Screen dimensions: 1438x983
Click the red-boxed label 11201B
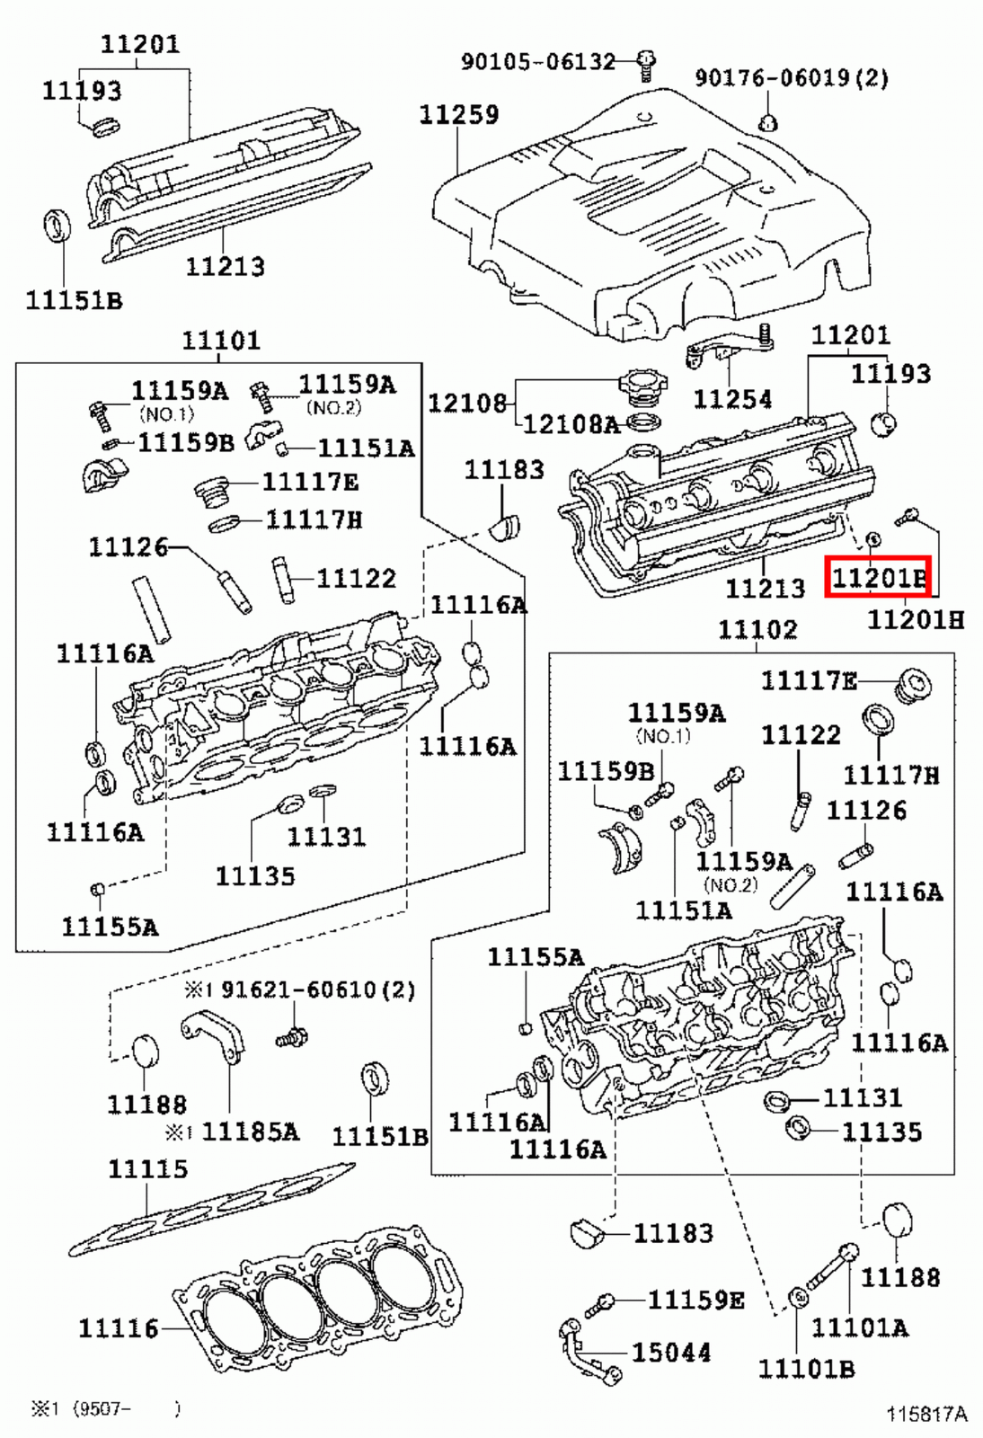(x=878, y=576)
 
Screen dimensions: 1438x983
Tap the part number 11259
(x=458, y=114)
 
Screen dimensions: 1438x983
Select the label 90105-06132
(x=537, y=61)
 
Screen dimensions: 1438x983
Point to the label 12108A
(x=571, y=423)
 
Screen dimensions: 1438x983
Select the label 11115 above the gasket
(x=147, y=1169)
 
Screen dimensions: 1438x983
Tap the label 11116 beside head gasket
(x=118, y=1327)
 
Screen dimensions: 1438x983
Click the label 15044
(x=670, y=1353)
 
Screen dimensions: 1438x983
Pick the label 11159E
(x=695, y=1300)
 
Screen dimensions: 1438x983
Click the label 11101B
(x=805, y=1369)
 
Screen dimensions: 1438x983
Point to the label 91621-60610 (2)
(x=317, y=990)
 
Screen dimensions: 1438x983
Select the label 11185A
(x=249, y=1132)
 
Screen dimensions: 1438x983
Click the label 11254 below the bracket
(x=732, y=398)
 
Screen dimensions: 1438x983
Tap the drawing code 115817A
(x=926, y=1414)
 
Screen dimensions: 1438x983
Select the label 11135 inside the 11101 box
(x=254, y=875)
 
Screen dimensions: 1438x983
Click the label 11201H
(x=915, y=619)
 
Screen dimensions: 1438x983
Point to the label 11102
(x=757, y=630)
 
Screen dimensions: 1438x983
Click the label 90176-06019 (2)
(x=791, y=78)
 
